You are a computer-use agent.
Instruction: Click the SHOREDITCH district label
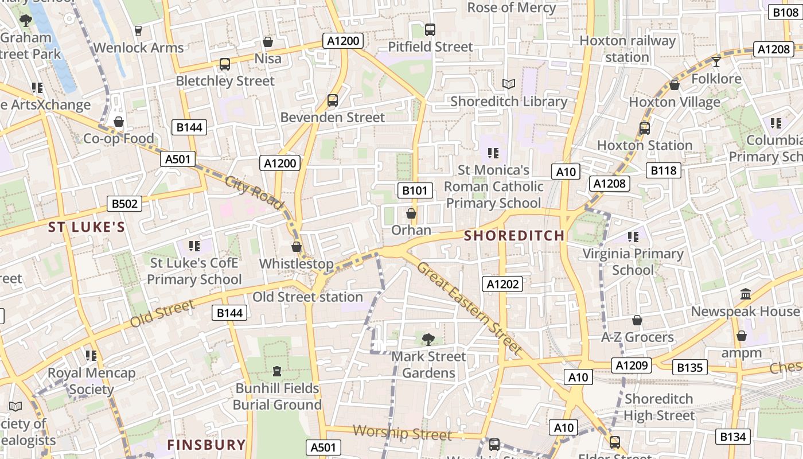point(514,236)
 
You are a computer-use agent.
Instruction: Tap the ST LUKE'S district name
point(87,227)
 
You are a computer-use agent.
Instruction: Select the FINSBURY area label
point(206,445)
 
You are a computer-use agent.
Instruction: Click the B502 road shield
point(124,204)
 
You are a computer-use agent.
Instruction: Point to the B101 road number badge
point(415,190)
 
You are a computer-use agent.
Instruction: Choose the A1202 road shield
point(502,283)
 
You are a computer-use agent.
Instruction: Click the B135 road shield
point(689,367)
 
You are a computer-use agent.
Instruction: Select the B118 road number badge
point(664,170)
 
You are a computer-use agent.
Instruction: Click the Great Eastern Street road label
point(470,308)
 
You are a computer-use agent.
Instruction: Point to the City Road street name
point(254,193)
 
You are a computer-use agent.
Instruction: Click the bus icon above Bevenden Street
point(332,100)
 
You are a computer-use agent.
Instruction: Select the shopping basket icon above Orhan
point(411,214)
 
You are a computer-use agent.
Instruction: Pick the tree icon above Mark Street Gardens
point(428,340)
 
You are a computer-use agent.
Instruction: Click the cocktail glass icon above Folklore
point(716,62)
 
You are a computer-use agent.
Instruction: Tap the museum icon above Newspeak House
point(745,294)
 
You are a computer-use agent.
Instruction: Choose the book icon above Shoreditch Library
point(508,84)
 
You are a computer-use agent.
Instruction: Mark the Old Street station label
point(308,297)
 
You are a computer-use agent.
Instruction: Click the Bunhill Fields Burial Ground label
point(277,396)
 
